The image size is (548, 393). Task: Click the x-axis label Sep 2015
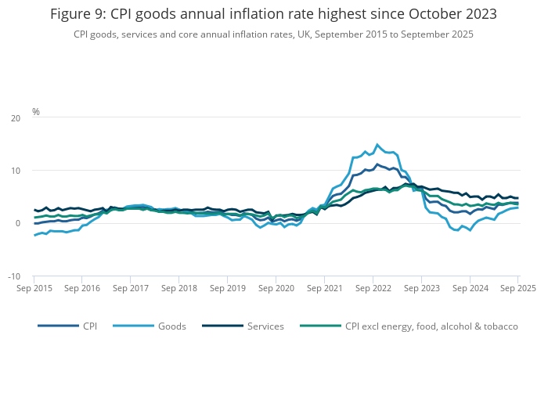(x=34, y=288)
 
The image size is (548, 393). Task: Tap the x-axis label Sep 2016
(x=82, y=288)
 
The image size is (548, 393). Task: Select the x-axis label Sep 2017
(x=131, y=288)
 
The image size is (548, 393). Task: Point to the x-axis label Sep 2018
(x=179, y=288)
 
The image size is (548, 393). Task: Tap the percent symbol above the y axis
(x=36, y=112)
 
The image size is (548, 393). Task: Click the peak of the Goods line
(x=377, y=144)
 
